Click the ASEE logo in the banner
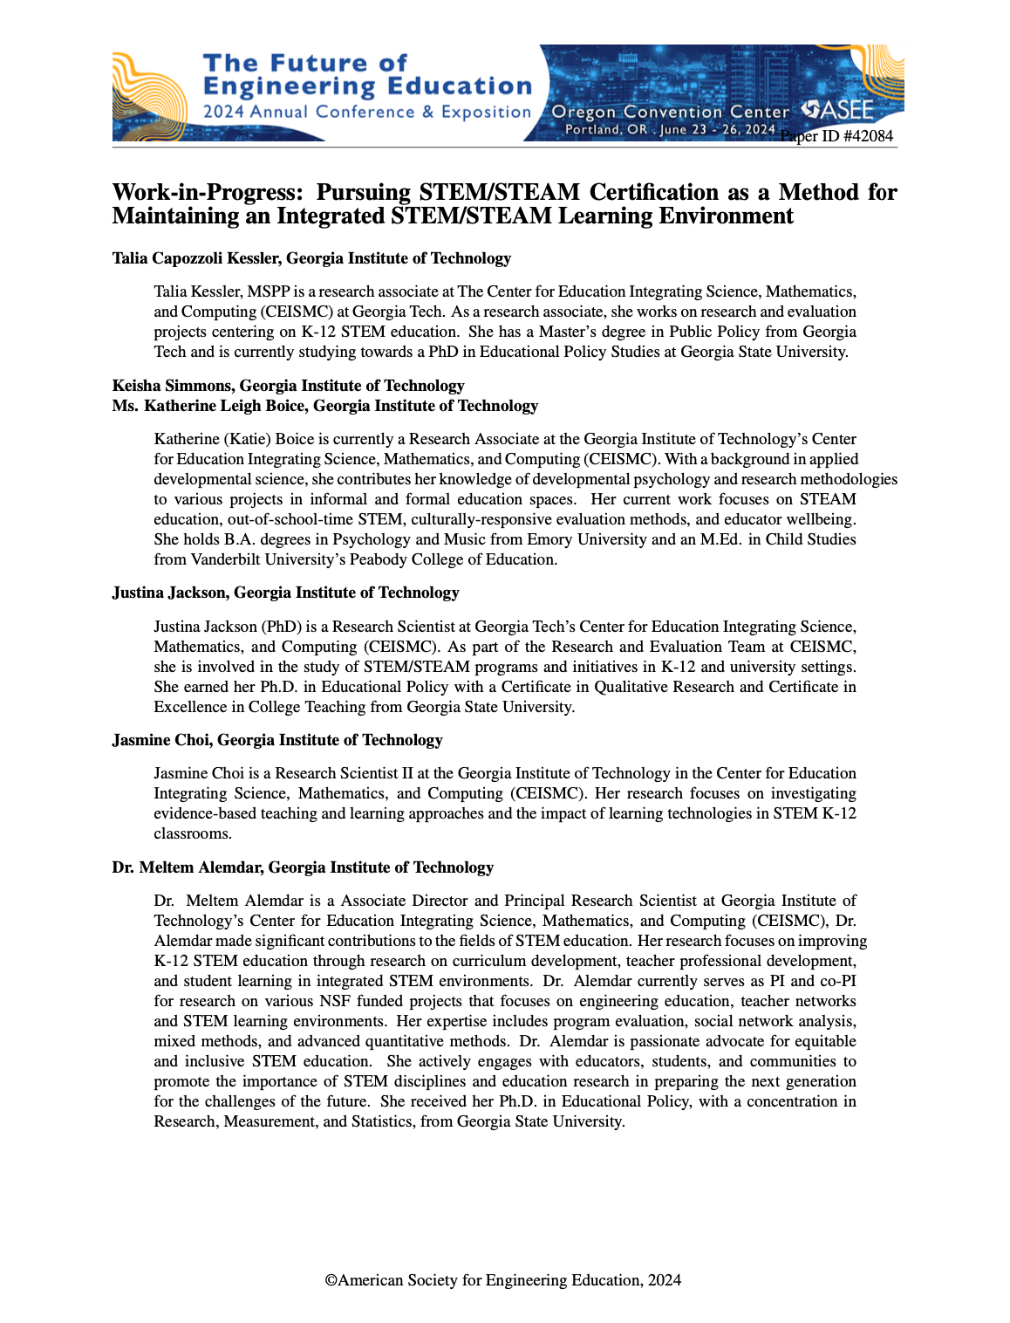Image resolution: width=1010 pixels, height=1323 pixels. [x=838, y=110]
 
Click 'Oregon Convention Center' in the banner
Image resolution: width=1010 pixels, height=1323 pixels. [x=670, y=112]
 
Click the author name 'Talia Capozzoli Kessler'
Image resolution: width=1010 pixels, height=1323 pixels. [x=196, y=258]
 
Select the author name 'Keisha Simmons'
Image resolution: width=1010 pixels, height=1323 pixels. [x=172, y=386]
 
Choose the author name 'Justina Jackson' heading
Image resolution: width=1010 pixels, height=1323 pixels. [x=169, y=593]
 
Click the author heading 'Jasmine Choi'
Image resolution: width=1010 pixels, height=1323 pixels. [x=160, y=740]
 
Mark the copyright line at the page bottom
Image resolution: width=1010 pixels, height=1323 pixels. [x=503, y=1280]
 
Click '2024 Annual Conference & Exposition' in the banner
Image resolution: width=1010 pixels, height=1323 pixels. [x=366, y=112]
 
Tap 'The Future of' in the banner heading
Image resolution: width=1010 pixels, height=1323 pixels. [x=304, y=63]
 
